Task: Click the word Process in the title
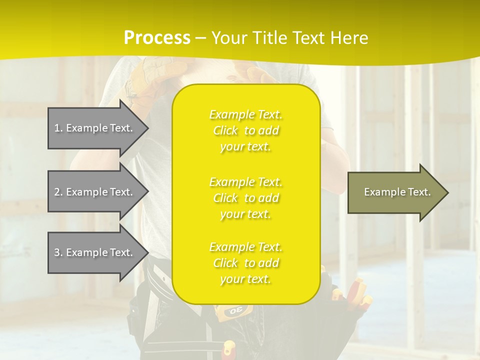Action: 157,38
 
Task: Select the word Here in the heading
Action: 348,38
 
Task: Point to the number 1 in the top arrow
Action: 57,128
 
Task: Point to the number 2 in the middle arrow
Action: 57,192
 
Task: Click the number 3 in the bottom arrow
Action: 57,252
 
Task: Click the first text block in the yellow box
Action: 246,130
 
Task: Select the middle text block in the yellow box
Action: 246,198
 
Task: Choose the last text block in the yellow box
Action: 246,263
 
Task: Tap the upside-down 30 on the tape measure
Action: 235,311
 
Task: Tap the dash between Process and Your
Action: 200,38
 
